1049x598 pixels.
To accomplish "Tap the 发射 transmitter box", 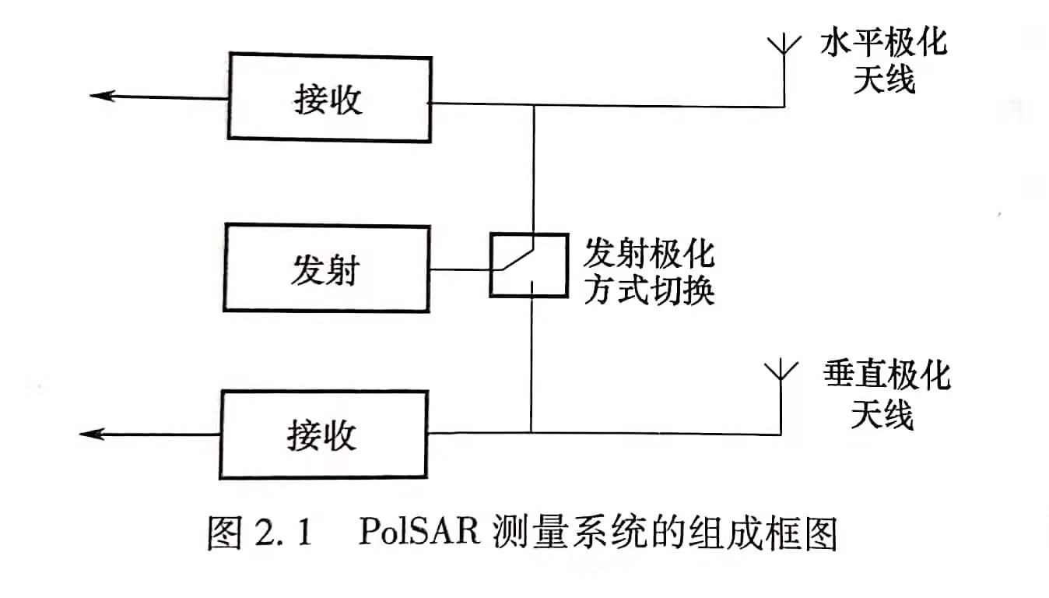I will coord(327,269).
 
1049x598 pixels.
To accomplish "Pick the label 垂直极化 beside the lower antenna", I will coord(886,378).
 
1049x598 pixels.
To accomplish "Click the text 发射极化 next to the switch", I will coord(649,252).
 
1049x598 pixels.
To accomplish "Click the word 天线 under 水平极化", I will coord(884,80).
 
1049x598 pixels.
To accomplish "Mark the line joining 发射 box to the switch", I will coord(461,270).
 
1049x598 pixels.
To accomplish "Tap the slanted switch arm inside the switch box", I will coord(517,258).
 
